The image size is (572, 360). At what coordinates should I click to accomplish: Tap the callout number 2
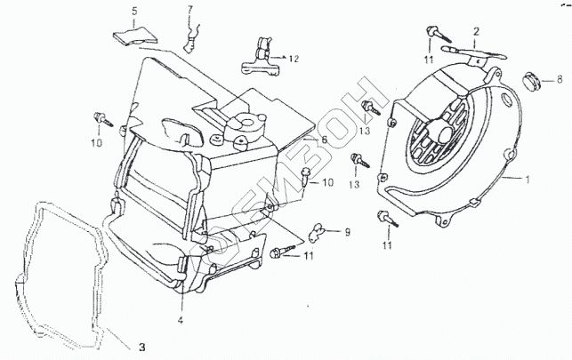point(476,32)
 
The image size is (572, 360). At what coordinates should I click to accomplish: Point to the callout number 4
point(181,319)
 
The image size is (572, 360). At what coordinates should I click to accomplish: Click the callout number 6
point(324,140)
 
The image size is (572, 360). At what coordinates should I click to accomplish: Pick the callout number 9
point(347,233)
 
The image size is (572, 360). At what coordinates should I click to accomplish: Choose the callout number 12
point(294,59)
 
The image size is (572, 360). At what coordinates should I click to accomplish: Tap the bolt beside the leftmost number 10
point(101,116)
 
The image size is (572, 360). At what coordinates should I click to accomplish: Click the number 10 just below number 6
point(327,183)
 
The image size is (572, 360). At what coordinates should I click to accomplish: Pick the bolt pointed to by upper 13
point(367,107)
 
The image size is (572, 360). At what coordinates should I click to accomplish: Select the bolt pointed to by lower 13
point(357,161)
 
